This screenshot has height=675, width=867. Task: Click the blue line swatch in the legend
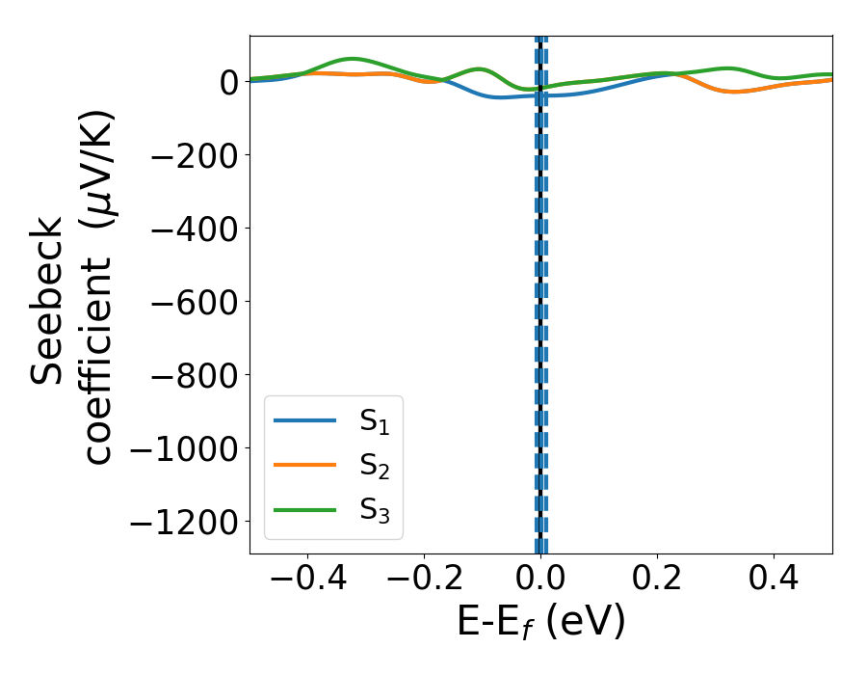click(x=305, y=420)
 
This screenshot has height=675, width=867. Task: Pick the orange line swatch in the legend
click(x=305, y=465)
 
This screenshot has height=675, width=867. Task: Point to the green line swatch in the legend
click(x=305, y=509)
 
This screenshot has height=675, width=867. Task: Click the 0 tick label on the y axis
click(x=228, y=82)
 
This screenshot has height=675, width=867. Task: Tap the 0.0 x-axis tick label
click(x=540, y=580)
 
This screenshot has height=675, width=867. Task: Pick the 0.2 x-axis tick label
click(x=657, y=580)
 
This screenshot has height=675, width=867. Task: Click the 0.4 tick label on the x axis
click(x=774, y=580)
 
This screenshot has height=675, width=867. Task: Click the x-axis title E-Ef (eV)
click(x=540, y=623)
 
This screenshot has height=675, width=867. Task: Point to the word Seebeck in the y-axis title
click(x=48, y=300)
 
